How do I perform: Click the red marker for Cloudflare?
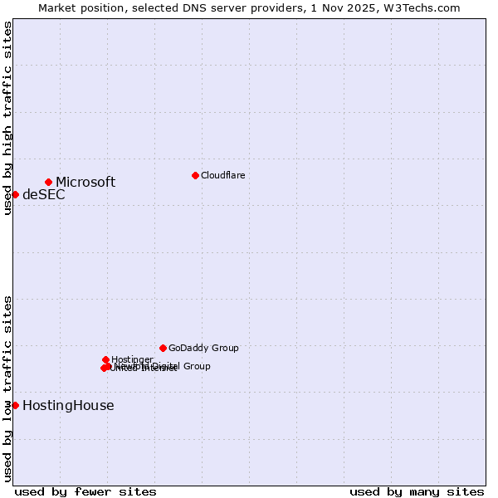click(x=195, y=175)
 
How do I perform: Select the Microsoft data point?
click(x=49, y=182)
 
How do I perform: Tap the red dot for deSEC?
click(x=15, y=194)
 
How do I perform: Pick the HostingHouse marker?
click(x=15, y=405)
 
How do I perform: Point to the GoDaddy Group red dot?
click(x=163, y=348)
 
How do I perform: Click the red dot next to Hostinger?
click(x=105, y=359)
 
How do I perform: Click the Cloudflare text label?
click(x=222, y=175)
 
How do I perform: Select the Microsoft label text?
click(x=85, y=182)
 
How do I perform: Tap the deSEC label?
click(x=43, y=195)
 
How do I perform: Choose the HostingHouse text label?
click(x=68, y=406)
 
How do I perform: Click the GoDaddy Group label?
click(x=203, y=349)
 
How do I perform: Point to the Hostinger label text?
click(x=132, y=359)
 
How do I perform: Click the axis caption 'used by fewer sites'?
click(x=85, y=492)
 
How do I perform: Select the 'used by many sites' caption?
click(x=417, y=492)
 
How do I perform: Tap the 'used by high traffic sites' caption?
click(x=7, y=118)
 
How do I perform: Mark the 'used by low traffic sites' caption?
click(x=7, y=388)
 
